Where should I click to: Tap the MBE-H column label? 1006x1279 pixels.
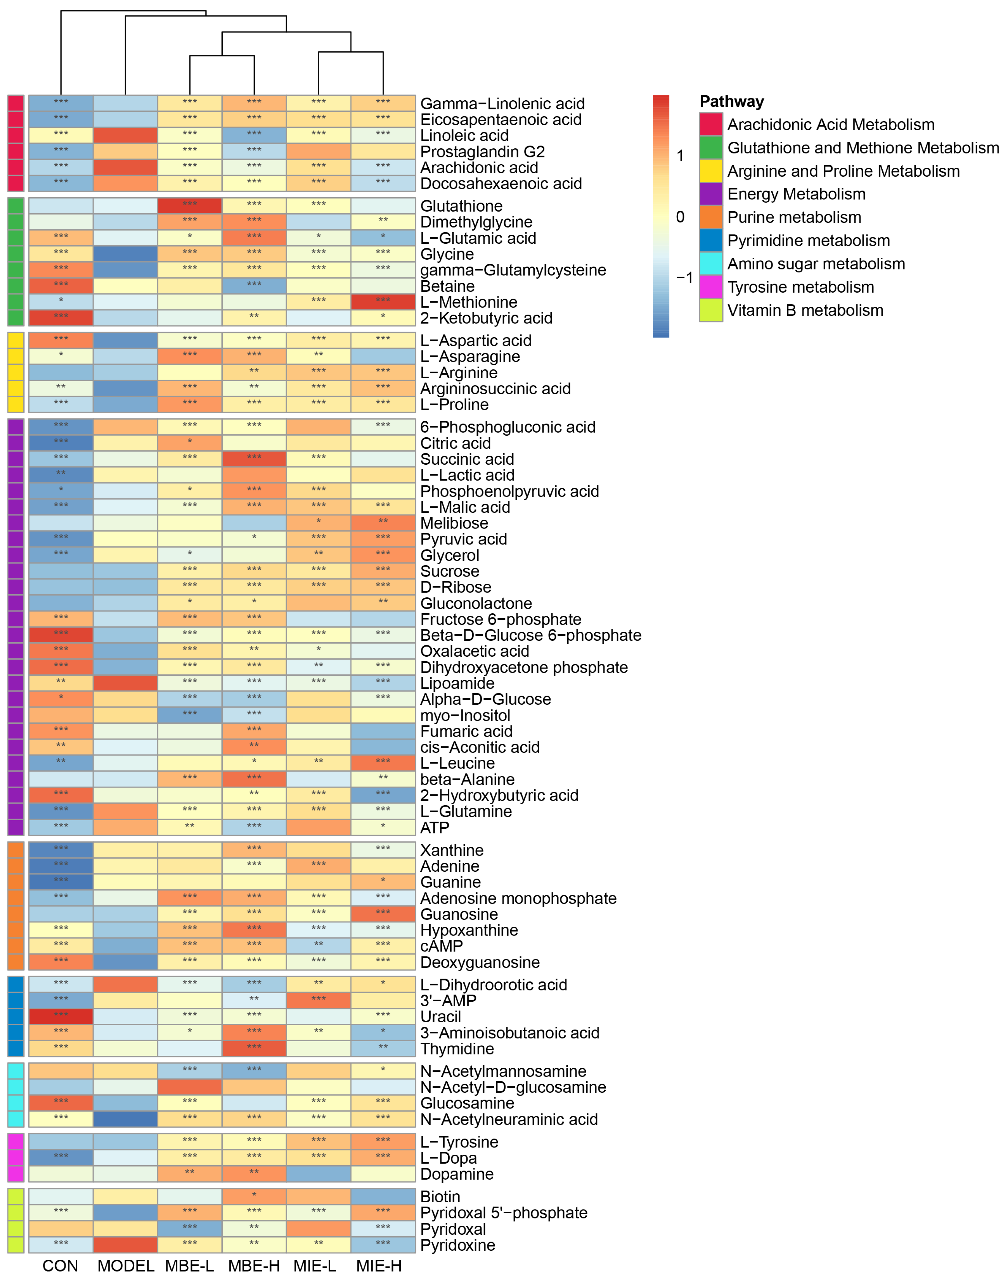coord(254,1266)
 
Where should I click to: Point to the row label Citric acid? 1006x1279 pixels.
coord(455,443)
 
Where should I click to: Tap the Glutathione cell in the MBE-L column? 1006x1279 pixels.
coord(190,206)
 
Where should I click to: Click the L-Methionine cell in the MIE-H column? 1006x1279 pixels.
coord(383,302)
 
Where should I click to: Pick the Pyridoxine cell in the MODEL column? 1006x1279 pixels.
coord(126,1245)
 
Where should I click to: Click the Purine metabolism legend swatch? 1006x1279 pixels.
coord(711,218)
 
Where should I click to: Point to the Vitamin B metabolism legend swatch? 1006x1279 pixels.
coord(711,310)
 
